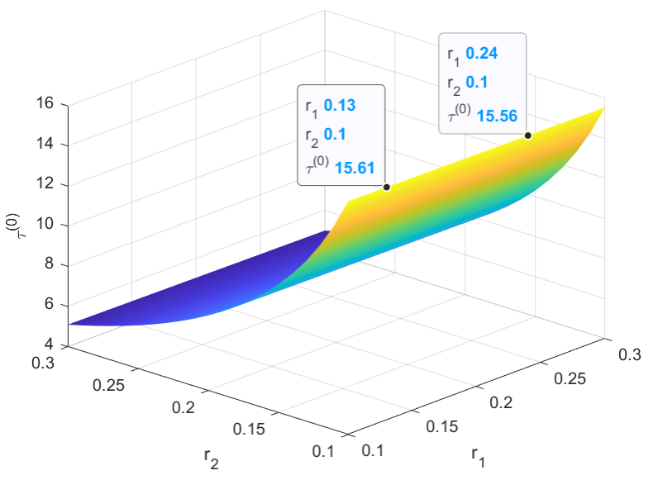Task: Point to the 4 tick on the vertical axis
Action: [x=51, y=345]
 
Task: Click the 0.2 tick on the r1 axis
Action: [x=501, y=402]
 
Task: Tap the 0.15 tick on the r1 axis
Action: [x=441, y=426]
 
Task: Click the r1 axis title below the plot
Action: [x=479, y=454]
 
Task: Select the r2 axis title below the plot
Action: [x=212, y=459]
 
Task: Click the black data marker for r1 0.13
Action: [x=387, y=187]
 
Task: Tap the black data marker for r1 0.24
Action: [x=527, y=135]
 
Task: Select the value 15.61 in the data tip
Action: [x=354, y=168]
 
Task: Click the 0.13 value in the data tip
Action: [x=340, y=106]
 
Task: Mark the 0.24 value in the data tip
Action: [x=482, y=54]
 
